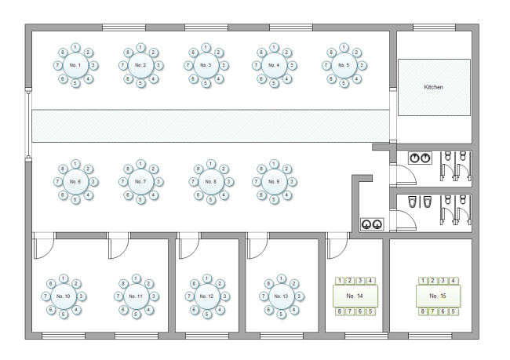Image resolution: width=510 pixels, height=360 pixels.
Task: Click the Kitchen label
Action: point(433,87)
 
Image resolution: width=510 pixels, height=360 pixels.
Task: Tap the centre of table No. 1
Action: point(75,64)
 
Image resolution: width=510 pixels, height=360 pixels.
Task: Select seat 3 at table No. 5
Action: point(359,64)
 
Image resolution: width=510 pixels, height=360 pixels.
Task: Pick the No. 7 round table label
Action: point(141,181)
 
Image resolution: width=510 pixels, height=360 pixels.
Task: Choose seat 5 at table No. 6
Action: point(75,200)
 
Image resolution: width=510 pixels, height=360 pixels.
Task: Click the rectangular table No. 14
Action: point(355,296)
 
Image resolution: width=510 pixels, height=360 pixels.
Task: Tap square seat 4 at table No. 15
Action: point(454,280)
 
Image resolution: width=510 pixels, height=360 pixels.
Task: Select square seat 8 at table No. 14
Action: point(340,312)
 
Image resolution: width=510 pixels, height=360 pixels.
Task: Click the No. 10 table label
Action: point(64,296)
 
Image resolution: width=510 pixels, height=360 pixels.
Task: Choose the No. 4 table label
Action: point(274,64)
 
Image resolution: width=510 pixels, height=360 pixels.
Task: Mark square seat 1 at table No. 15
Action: point(424,280)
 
